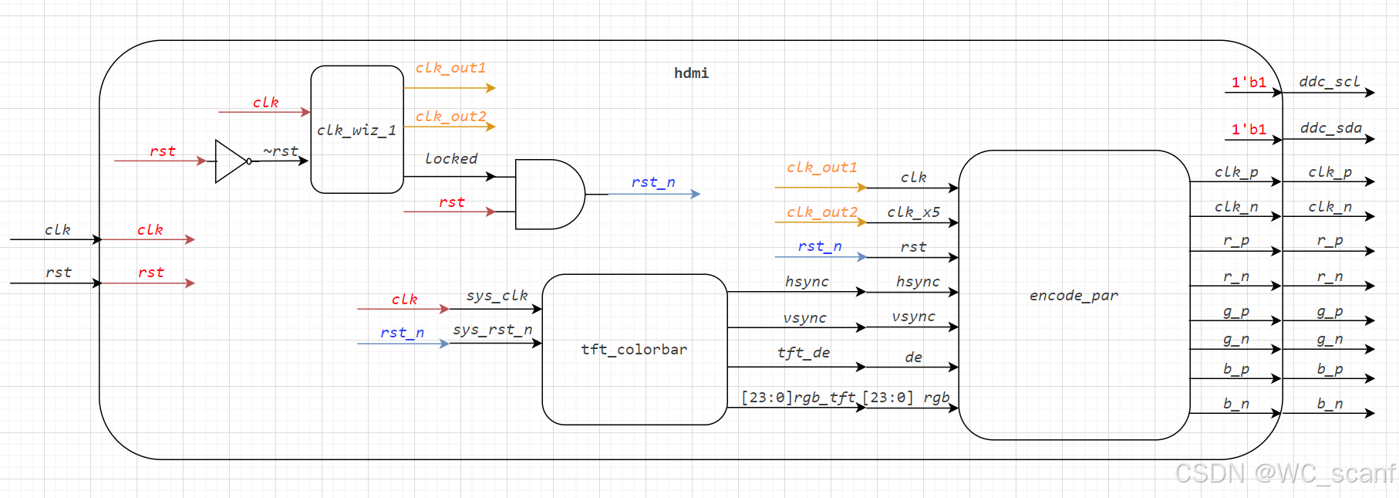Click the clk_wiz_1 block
[x=356, y=130]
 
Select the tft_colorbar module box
[x=634, y=349]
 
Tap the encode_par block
[x=1074, y=295]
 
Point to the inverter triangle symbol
[x=231, y=161]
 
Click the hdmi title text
[x=691, y=73]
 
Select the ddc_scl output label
[x=1329, y=82]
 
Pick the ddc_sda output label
[x=1330, y=128]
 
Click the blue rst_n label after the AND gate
[x=653, y=182]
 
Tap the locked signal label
[x=451, y=158]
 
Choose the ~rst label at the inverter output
[x=281, y=151]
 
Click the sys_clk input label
[x=497, y=295]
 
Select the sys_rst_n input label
[x=493, y=330]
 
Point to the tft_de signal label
[x=804, y=353]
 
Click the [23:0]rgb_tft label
[x=798, y=397]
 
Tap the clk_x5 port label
[x=913, y=212]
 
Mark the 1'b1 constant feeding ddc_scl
[x=1249, y=82]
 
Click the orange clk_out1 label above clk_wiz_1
[x=451, y=68]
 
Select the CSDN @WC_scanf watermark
[x=1285, y=473]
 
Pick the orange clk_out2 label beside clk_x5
[x=822, y=212]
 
